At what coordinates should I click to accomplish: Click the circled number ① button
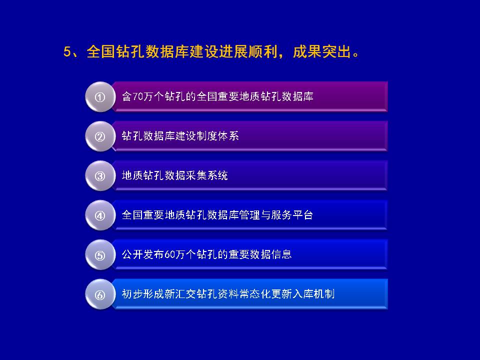click(100, 97)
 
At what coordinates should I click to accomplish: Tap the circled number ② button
click(100, 136)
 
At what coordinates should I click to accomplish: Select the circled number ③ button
click(100, 176)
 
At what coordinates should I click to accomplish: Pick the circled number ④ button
click(100, 215)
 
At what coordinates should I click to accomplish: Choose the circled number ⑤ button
click(100, 255)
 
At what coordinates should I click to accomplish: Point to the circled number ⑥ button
click(100, 294)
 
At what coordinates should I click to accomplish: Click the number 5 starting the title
click(67, 51)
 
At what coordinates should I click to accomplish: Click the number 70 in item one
click(138, 96)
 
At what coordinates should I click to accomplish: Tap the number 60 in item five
click(169, 254)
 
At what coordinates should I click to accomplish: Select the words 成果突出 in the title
click(321, 51)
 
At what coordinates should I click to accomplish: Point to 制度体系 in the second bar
click(217, 136)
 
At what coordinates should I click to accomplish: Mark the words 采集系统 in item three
click(207, 175)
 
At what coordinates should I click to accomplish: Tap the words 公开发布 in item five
click(143, 254)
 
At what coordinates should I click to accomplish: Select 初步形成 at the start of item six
click(143, 294)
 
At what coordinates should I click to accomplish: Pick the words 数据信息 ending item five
click(271, 254)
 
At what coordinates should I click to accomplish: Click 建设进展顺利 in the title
click(233, 51)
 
